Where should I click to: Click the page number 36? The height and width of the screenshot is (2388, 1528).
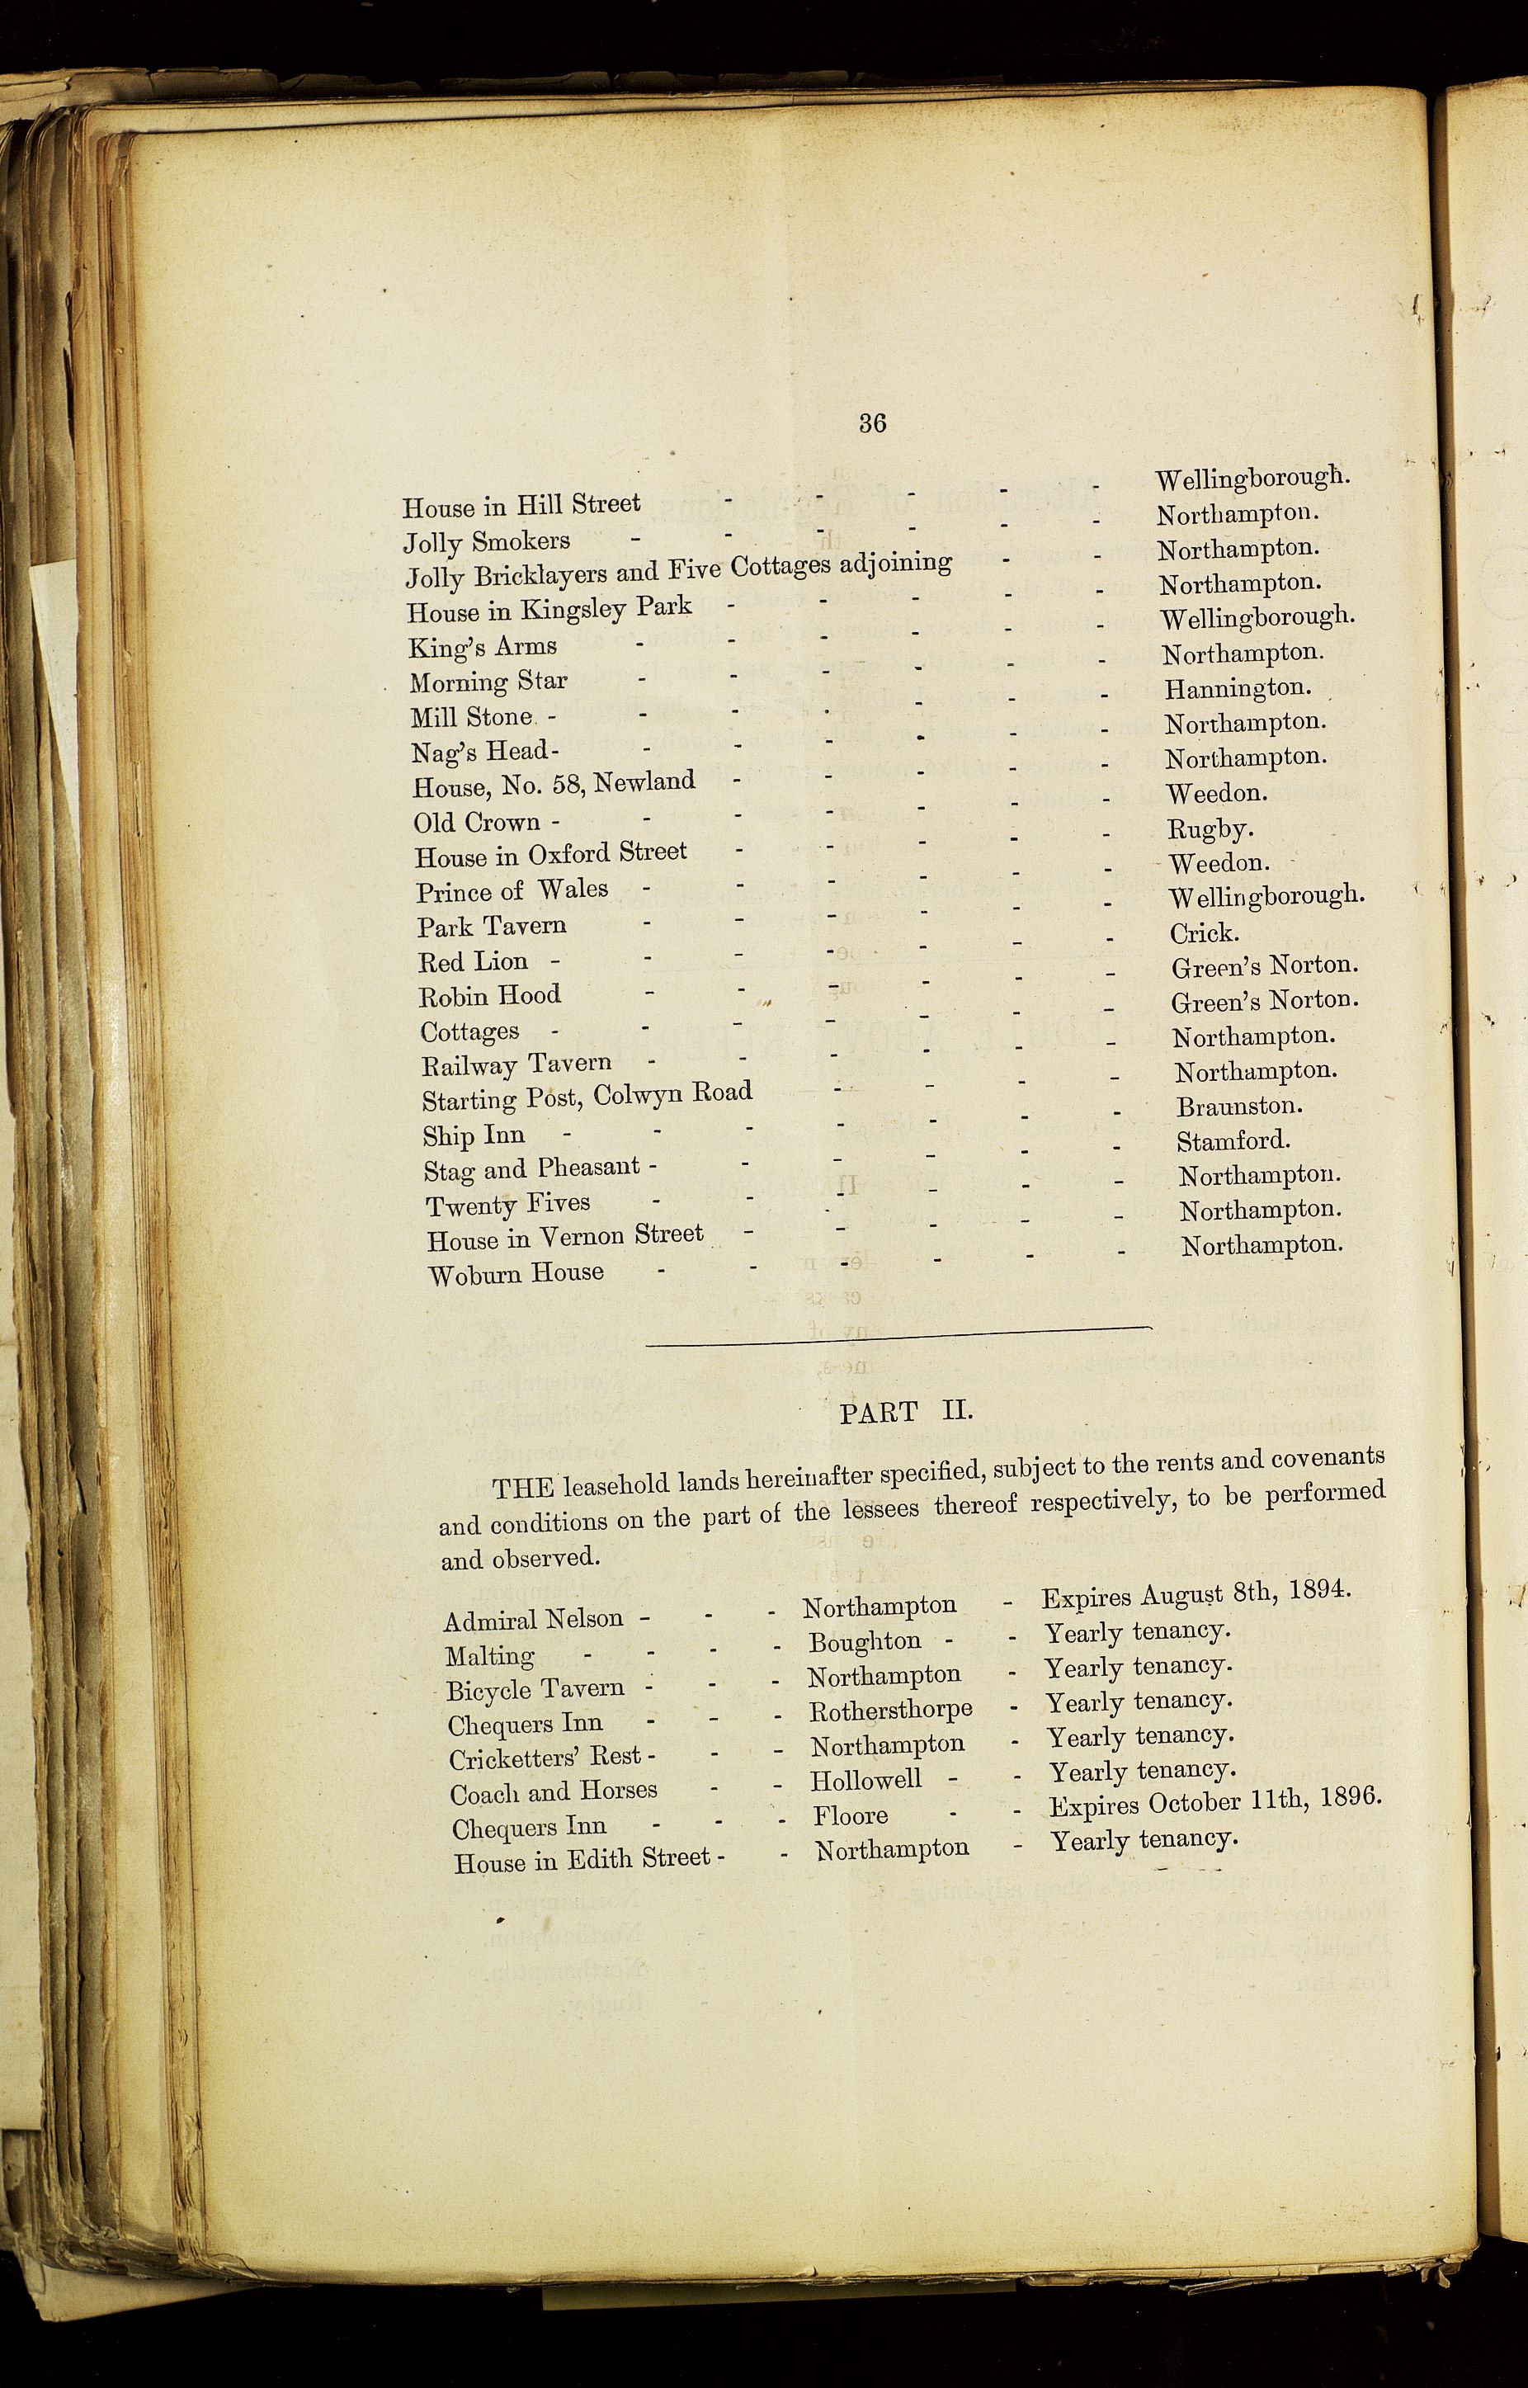[x=872, y=423]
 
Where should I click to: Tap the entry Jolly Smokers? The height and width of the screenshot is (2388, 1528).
[x=486, y=541]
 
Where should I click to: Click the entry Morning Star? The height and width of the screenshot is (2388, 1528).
[x=488, y=682]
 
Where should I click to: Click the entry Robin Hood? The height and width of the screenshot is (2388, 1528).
[x=490, y=995]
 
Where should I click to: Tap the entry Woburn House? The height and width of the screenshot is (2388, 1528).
[x=515, y=1273]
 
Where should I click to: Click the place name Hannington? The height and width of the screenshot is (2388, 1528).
[x=1236, y=687]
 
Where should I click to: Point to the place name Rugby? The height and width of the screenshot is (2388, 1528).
[x=1210, y=828]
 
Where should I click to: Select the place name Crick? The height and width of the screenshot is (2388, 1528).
[x=1203, y=932]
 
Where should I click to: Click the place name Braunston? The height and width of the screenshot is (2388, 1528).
[x=1239, y=1105]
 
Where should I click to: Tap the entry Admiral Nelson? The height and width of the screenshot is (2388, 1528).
[x=533, y=1620]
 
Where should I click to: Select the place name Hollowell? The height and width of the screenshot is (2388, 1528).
[x=865, y=1780]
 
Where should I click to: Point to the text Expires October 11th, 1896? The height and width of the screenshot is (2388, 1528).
[x=1215, y=1801]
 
